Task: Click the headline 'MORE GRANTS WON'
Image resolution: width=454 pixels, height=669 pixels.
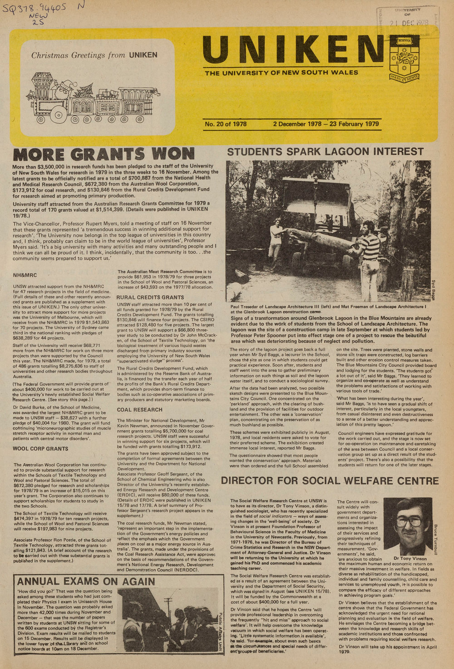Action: click(104, 154)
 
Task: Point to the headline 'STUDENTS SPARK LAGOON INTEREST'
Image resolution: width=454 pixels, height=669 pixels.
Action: click(325, 152)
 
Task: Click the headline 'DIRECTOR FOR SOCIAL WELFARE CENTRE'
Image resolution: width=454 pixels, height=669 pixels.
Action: click(330, 481)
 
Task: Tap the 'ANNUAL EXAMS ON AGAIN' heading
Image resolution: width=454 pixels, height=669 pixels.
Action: click(86, 581)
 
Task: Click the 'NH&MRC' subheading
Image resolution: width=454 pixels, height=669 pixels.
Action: click(25, 275)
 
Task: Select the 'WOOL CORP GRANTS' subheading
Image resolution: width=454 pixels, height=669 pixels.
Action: click(41, 449)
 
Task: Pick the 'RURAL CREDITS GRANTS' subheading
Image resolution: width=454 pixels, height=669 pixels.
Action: click(150, 297)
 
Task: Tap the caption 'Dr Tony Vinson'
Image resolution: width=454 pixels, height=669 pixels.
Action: click(410, 559)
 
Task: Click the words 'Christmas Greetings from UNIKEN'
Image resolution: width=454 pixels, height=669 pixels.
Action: click(94, 55)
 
